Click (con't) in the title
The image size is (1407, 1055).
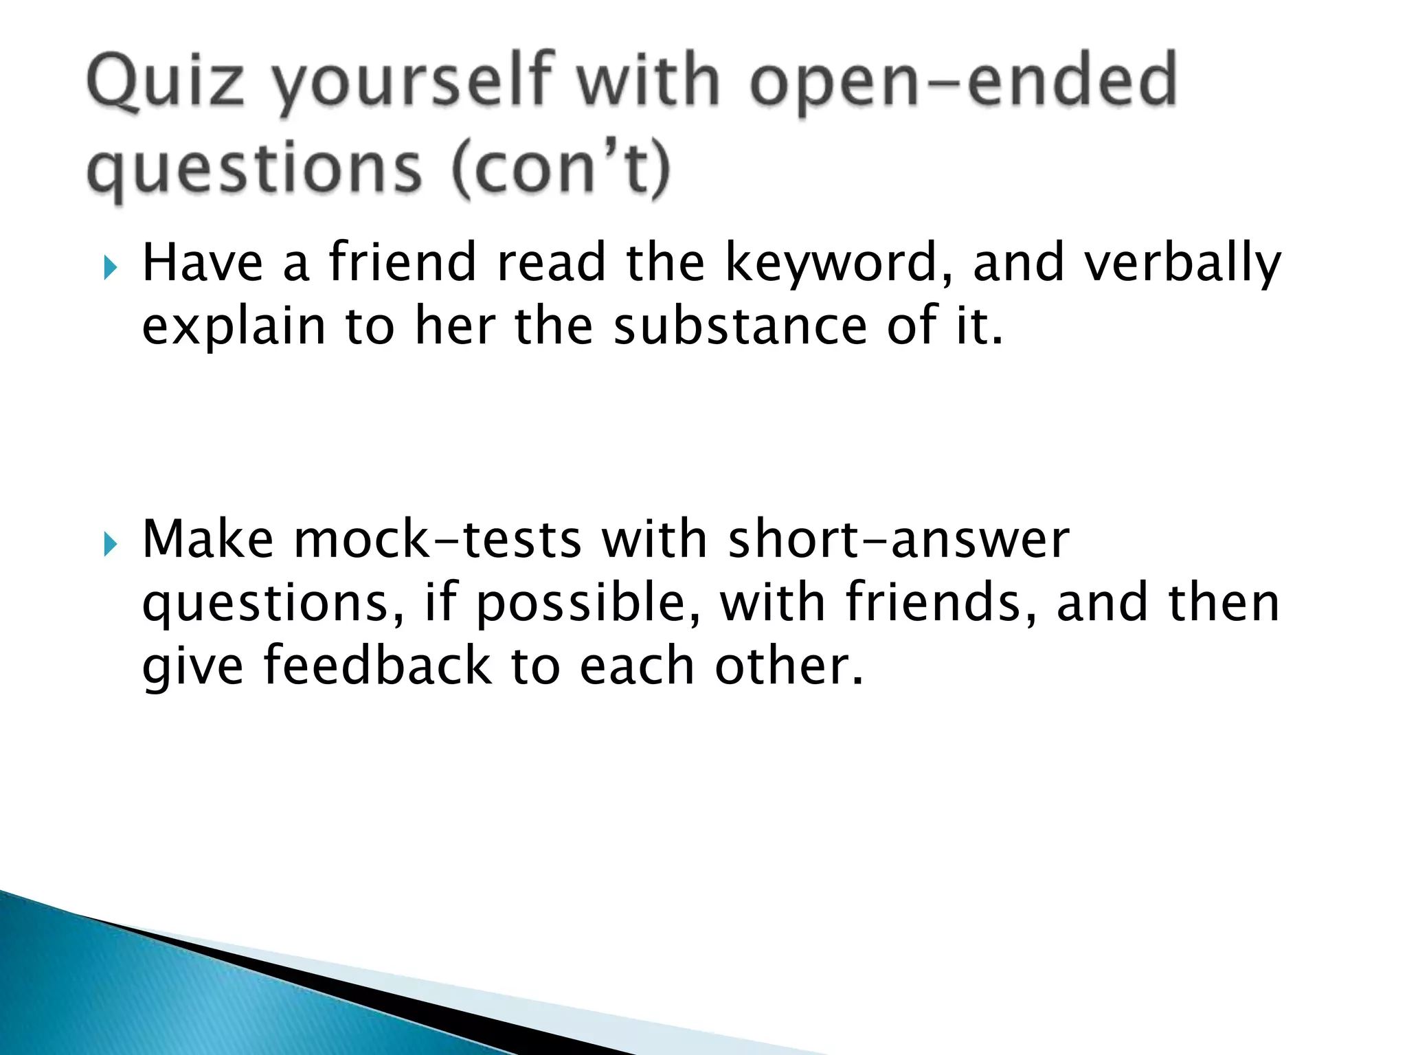(x=560, y=169)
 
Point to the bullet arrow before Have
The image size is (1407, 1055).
(x=110, y=267)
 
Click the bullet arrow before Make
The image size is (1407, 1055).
(x=110, y=545)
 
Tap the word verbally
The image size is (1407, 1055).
(x=1182, y=265)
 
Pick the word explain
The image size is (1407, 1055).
(x=234, y=328)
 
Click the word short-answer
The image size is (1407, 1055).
(x=898, y=539)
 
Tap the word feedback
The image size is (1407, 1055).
(x=377, y=666)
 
